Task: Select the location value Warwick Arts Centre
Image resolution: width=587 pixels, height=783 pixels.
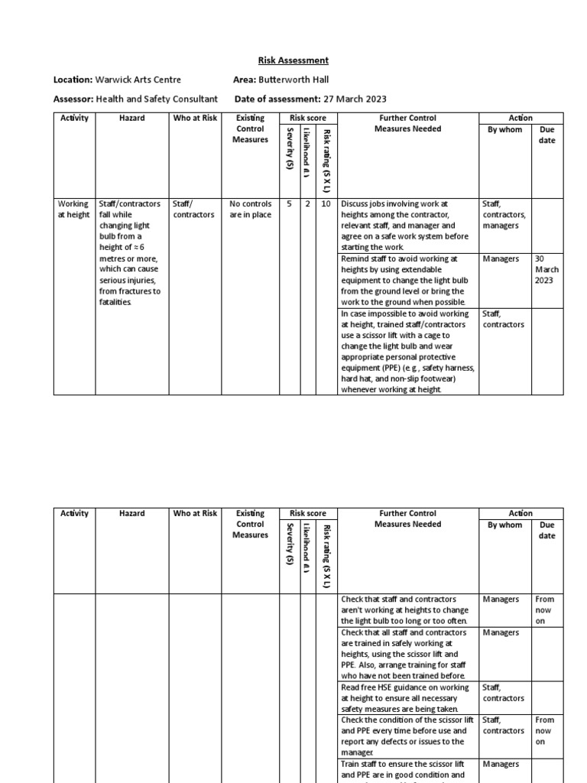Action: pos(138,80)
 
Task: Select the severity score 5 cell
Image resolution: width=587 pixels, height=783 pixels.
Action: pos(289,204)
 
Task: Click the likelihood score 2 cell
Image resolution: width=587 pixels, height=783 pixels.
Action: pos(307,204)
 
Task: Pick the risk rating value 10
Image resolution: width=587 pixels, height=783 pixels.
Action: pos(325,204)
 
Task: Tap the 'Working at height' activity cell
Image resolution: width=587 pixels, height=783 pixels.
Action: pos(73,210)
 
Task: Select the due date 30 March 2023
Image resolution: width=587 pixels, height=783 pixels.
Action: pos(546,270)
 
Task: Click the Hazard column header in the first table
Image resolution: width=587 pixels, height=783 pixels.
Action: pos(131,118)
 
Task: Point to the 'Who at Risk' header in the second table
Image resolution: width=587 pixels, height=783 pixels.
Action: pos(195,513)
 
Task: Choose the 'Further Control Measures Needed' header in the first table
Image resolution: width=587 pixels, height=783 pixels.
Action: pos(407,123)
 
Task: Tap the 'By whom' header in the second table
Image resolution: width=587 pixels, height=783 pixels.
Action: pos(504,525)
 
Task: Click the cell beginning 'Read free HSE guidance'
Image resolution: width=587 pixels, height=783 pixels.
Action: pos(408,697)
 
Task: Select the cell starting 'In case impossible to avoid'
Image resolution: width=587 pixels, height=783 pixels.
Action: pos(408,351)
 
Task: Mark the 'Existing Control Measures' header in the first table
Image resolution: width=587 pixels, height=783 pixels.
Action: pos(250,128)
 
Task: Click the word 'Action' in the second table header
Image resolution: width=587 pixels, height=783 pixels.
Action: pos(521,513)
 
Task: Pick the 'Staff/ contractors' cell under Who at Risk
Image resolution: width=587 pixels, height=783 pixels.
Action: pos(194,210)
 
